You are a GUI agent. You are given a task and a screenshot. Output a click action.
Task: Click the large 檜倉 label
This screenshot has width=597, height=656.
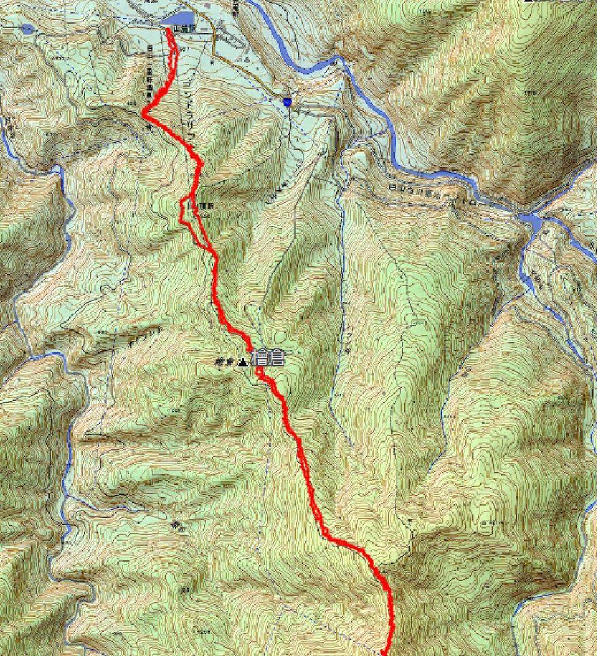(267, 358)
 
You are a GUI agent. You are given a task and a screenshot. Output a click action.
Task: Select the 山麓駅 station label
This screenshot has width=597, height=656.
(184, 30)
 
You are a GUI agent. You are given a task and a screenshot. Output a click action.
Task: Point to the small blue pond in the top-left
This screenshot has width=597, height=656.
(26, 29)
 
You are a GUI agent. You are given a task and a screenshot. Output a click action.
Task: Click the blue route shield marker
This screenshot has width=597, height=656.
(288, 101)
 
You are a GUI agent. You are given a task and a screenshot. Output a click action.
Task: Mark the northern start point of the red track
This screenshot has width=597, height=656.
(168, 30)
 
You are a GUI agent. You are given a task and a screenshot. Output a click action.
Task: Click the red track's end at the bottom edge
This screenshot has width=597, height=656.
(387, 652)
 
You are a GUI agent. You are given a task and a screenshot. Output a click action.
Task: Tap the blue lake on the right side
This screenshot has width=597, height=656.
(532, 221)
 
